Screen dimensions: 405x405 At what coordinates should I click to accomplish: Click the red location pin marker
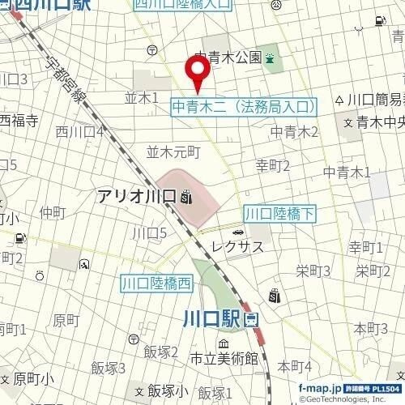coord(198,76)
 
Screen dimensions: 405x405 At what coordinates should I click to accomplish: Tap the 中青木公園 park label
coord(228,58)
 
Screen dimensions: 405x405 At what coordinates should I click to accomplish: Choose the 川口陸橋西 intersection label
coord(157,283)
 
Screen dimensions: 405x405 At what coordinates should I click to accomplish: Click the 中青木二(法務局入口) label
coord(245,105)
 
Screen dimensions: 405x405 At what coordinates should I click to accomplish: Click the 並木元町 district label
coord(172,151)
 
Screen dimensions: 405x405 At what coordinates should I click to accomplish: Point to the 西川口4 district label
coord(79,130)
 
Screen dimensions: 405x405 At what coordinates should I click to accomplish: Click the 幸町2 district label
coord(273,166)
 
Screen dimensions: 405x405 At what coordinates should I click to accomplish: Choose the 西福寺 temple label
coord(19,122)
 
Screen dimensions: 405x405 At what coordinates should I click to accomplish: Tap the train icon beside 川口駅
coord(250,319)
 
